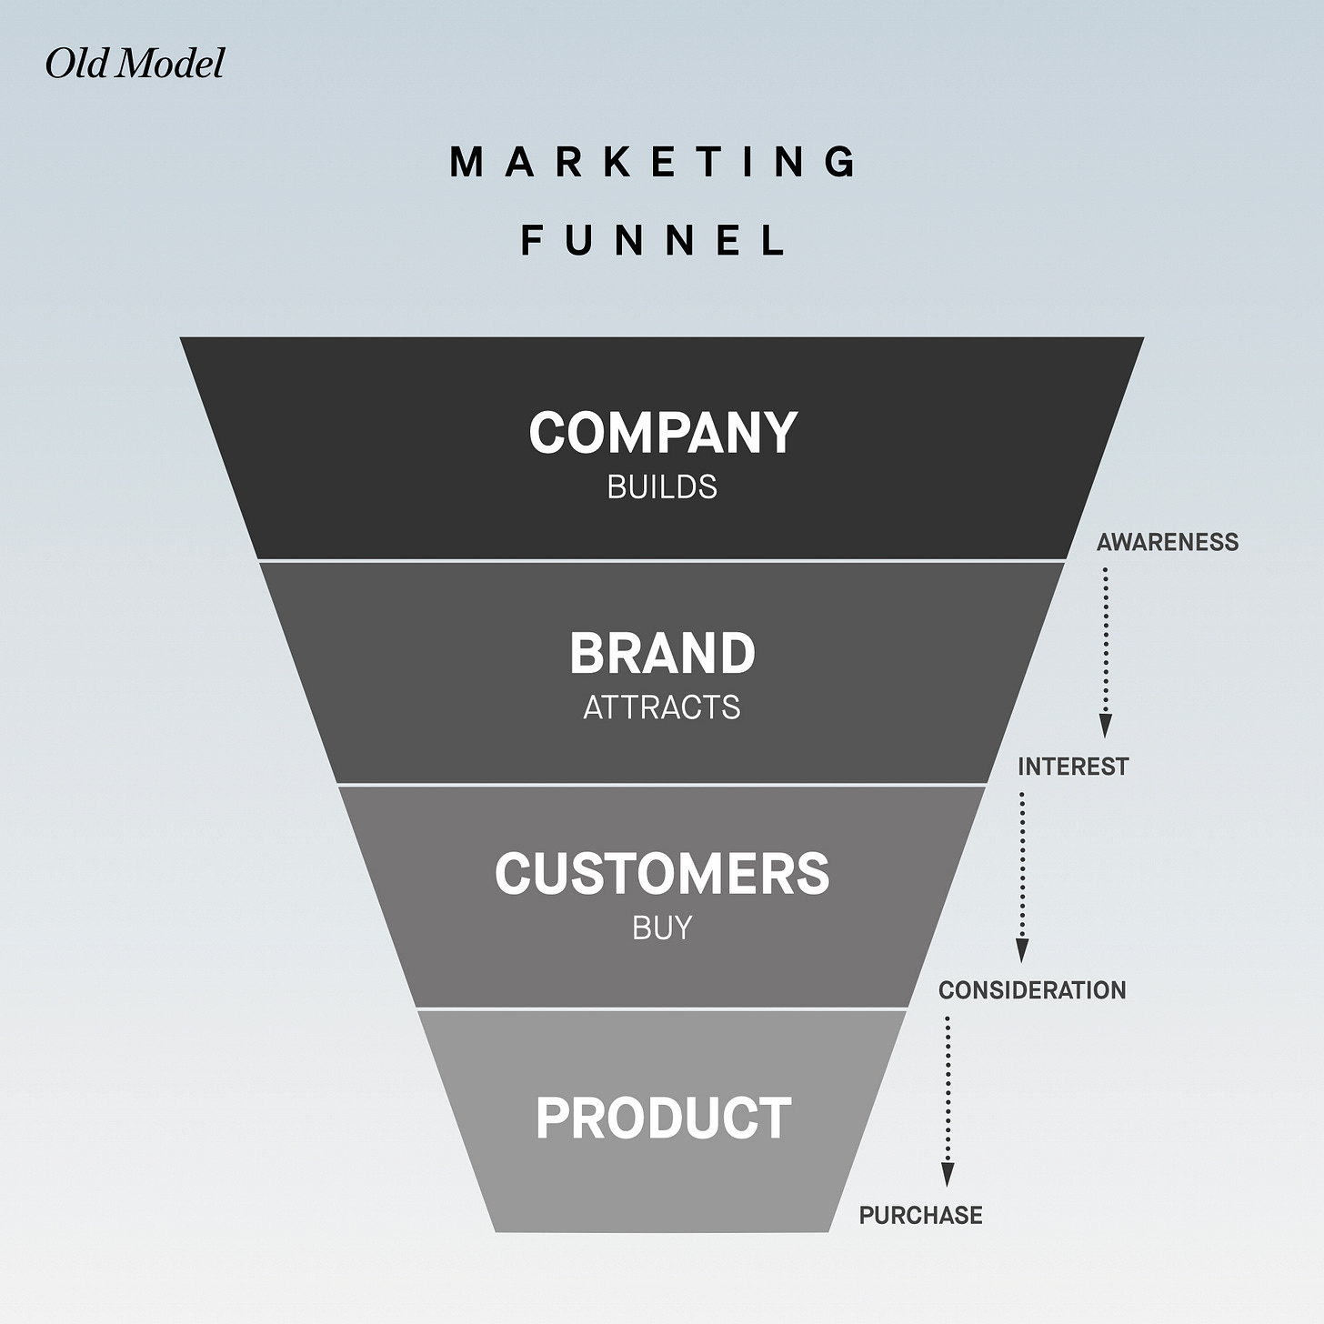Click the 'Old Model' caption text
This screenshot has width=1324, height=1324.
click(135, 64)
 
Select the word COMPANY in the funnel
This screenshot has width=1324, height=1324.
click(663, 433)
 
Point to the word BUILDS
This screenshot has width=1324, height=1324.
click(662, 487)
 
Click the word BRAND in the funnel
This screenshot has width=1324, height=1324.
click(662, 654)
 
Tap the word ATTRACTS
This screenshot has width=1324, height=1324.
click(662, 707)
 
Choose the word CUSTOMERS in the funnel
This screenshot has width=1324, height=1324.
click(662, 874)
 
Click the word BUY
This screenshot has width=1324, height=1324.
click(662, 928)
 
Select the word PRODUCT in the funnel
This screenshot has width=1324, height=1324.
click(663, 1118)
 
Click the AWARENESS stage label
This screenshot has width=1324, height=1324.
click(1168, 543)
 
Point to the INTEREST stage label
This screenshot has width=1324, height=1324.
click(1073, 767)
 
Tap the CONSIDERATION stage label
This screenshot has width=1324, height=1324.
click(1032, 990)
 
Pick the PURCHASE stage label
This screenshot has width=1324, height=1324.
click(921, 1216)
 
